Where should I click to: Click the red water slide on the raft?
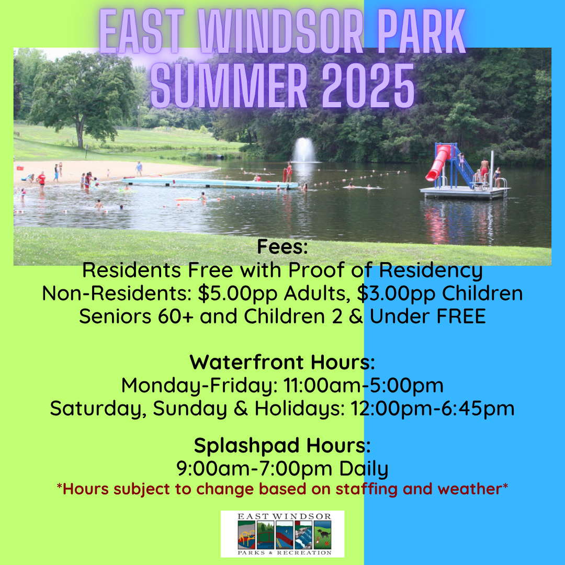438,163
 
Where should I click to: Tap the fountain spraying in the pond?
304,150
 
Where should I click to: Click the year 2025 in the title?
368,86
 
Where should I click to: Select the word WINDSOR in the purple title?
281,32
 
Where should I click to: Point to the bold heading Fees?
282,247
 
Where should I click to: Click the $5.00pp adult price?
238,293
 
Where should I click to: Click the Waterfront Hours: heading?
282,362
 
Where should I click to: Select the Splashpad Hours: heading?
282,445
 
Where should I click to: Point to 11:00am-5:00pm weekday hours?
363,385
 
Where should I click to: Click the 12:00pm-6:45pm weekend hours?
433,408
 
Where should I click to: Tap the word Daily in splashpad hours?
364,469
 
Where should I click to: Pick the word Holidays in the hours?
300,409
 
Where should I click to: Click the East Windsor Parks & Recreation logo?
282,534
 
